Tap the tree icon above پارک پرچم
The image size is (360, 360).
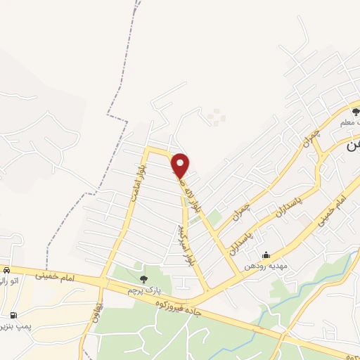[x=145, y=279]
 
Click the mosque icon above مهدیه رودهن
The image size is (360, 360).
[x=265, y=256]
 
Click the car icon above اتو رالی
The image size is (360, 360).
[x=6, y=270]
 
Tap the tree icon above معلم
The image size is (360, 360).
[x=356, y=110]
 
